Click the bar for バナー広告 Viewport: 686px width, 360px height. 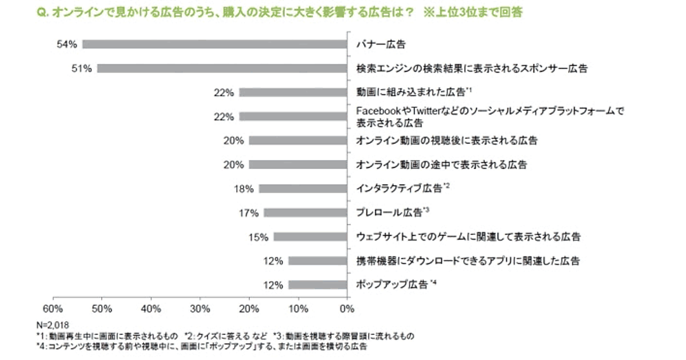215,44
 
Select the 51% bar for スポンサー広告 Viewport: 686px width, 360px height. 222,69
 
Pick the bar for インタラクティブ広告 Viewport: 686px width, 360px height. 303,188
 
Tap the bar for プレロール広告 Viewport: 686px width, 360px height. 305,213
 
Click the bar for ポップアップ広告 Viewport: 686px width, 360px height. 318,285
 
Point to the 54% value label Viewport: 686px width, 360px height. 67,44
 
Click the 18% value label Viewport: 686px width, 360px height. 244,188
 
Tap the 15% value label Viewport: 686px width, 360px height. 258,237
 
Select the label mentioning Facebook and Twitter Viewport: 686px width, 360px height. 488,117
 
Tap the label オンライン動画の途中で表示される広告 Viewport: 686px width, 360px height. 441,165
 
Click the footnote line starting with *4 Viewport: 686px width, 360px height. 200,346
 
